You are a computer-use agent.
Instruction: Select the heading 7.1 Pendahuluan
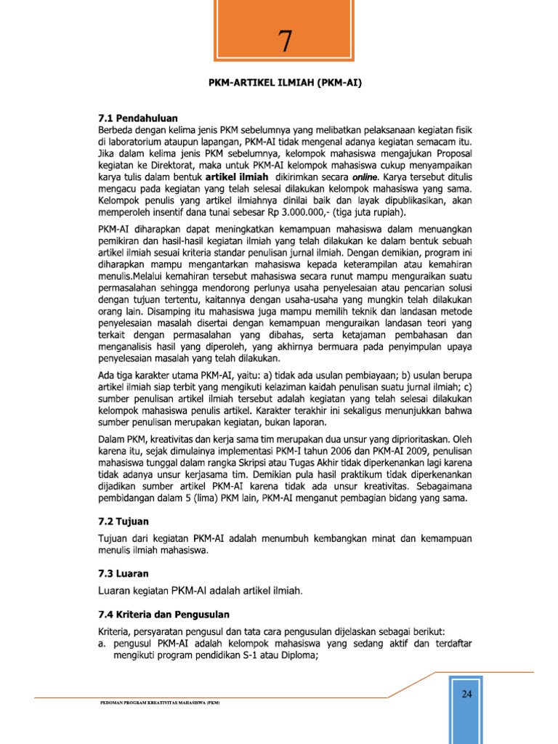[x=138, y=117]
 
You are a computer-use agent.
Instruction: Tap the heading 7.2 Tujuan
[x=125, y=521]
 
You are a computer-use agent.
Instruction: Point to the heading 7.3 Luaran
[x=124, y=573]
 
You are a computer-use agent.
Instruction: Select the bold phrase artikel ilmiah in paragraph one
[x=237, y=177]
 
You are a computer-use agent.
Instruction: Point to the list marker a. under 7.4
[x=102, y=642]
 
